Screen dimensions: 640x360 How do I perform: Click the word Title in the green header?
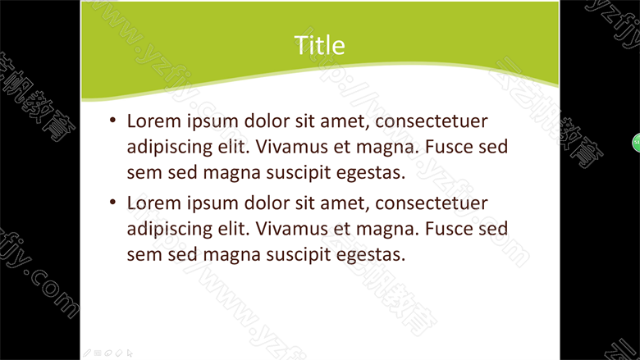(319, 45)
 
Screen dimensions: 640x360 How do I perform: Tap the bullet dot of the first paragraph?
(112, 120)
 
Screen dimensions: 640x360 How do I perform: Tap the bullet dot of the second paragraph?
(112, 202)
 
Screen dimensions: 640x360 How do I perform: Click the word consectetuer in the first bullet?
(432, 121)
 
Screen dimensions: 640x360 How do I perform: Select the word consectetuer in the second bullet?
(432, 203)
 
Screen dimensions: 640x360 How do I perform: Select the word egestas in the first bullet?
(371, 173)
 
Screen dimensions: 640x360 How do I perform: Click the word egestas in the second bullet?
(371, 255)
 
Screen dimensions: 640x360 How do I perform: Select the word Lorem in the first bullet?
(154, 121)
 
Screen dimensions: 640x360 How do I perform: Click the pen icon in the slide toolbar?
(87, 353)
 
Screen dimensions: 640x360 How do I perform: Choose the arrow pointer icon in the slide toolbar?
(130, 353)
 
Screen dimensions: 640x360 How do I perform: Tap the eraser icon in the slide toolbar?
(119, 353)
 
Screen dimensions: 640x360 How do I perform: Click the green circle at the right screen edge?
(636, 143)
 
